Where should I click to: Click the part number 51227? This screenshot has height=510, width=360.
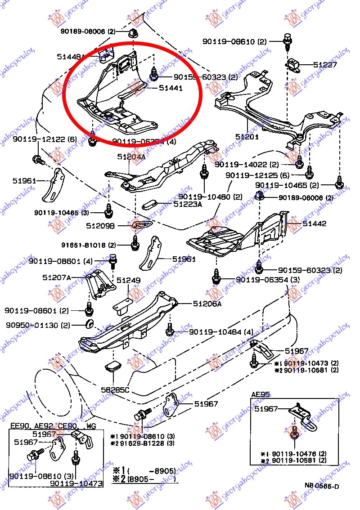pos(337,65)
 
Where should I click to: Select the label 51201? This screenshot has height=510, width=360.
pos(247,136)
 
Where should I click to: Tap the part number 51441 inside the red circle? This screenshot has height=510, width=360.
pos(171,89)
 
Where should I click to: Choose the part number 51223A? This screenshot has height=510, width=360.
pos(175,204)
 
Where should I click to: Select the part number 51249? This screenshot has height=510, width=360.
pos(129,281)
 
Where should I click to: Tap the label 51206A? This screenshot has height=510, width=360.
pos(207,304)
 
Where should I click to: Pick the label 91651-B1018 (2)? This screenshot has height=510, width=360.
pos(89,245)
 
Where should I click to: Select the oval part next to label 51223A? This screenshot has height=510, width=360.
pos(150,205)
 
